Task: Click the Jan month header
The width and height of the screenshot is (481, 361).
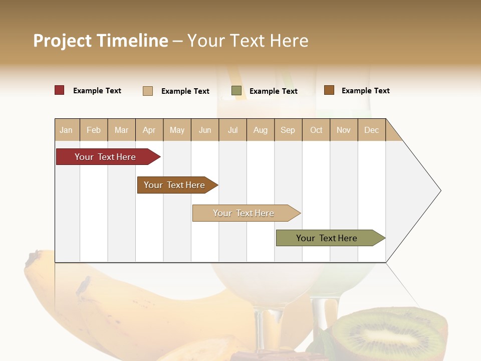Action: [66, 130]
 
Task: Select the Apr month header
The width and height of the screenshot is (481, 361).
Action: [149, 130]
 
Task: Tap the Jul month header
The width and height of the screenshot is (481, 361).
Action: [232, 130]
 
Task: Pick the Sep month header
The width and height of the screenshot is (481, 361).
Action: [288, 130]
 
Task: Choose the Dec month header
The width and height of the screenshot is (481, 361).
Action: [371, 130]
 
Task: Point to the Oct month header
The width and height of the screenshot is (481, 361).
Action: [316, 130]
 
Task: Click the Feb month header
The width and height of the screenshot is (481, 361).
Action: [94, 130]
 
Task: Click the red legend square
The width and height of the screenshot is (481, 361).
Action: [60, 90]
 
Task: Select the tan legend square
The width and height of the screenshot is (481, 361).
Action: [148, 91]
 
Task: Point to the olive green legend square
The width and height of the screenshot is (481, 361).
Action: [236, 91]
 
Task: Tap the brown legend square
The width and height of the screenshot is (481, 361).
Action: [329, 90]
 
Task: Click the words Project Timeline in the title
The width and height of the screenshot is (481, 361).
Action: [100, 41]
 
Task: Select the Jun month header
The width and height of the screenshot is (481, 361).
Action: [205, 130]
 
